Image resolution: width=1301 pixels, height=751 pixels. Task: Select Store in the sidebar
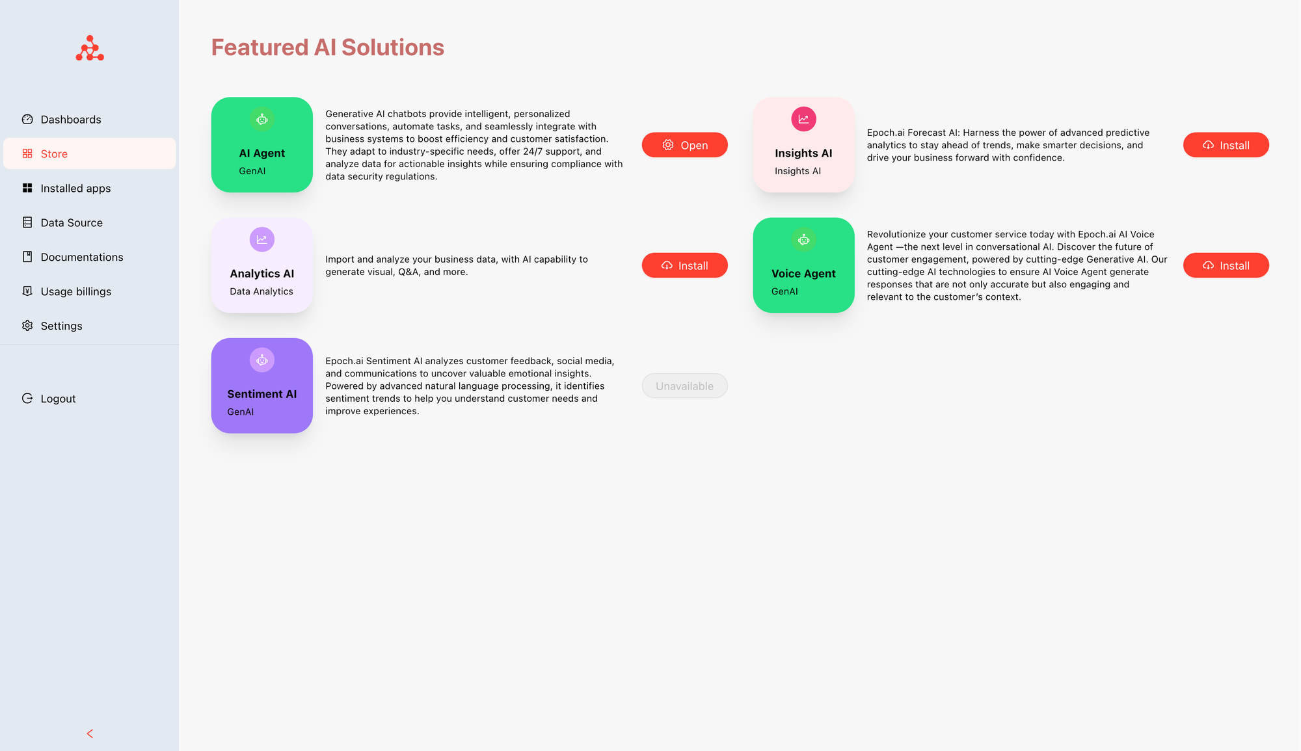pyautogui.click(x=89, y=153)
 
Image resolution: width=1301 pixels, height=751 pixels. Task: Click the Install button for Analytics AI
pyautogui.click(x=684, y=265)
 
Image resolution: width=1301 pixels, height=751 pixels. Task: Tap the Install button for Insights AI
pyautogui.click(x=1226, y=145)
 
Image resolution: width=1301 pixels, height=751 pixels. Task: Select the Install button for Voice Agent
pyautogui.click(x=1226, y=265)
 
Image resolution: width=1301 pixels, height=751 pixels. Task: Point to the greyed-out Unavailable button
pyautogui.click(x=684, y=386)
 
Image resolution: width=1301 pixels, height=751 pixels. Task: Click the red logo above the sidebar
pyautogui.click(x=90, y=48)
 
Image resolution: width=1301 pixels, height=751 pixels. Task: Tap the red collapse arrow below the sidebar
pyautogui.click(x=90, y=733)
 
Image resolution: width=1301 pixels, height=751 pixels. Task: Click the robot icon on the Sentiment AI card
pyautogui.click(x=262, y=360)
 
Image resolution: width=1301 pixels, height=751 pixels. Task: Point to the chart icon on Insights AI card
pyautogui.click(x=803, y=119)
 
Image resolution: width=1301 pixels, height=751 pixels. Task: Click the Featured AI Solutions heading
pyautogui.click(x=328, y=47)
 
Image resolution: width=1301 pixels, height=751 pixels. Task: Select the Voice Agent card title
pyautogui.click(x=803, y=274)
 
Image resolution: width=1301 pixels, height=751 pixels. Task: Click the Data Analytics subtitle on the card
pyautogui.click(x=262, y=291)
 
